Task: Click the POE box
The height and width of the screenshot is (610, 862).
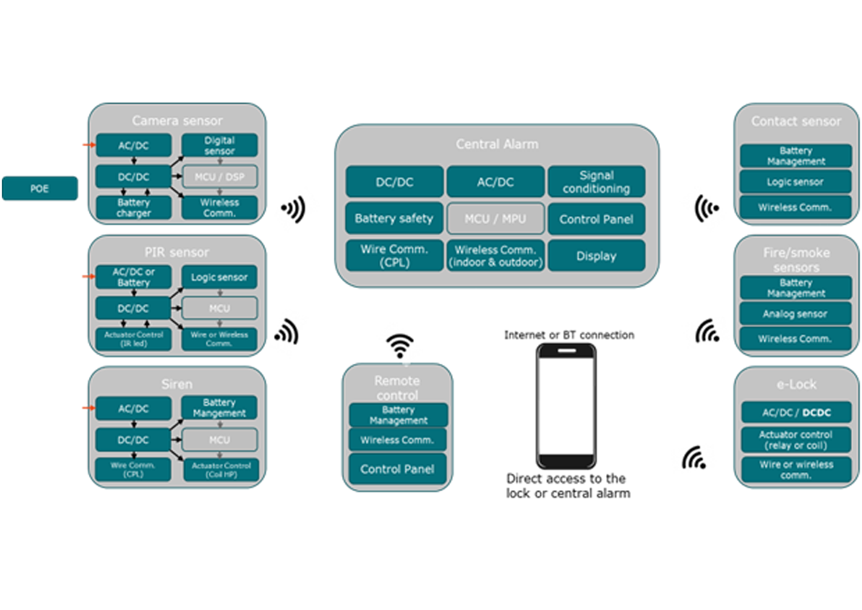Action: point(39,188)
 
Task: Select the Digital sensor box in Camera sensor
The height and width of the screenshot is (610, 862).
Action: point(220,145)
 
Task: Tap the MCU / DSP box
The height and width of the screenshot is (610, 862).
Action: point(220,175)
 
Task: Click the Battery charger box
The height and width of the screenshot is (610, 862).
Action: point(133,208)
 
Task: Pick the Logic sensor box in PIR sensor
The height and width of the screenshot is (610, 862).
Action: point(220,277)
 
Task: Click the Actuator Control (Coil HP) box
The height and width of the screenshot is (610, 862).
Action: point(220,470)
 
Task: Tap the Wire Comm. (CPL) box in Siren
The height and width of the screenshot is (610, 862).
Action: point(133,470)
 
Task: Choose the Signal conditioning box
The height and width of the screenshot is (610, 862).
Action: point(596,182)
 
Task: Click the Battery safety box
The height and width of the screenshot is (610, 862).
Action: point(394,219)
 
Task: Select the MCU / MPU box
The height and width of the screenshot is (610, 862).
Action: point(495,219)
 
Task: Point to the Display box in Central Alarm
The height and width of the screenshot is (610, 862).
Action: point(596,256)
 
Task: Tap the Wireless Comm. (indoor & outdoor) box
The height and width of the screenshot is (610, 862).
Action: point(495,256)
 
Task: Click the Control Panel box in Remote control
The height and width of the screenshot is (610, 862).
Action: point(398,469)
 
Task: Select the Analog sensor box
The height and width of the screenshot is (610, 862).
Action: point(796,314)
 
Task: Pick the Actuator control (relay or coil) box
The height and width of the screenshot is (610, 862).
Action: point(796,440)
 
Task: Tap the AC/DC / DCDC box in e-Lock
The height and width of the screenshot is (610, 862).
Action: point(796,412)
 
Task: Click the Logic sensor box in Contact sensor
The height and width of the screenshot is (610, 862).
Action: point(796,182)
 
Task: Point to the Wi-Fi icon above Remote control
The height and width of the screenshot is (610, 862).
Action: point(399,346)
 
